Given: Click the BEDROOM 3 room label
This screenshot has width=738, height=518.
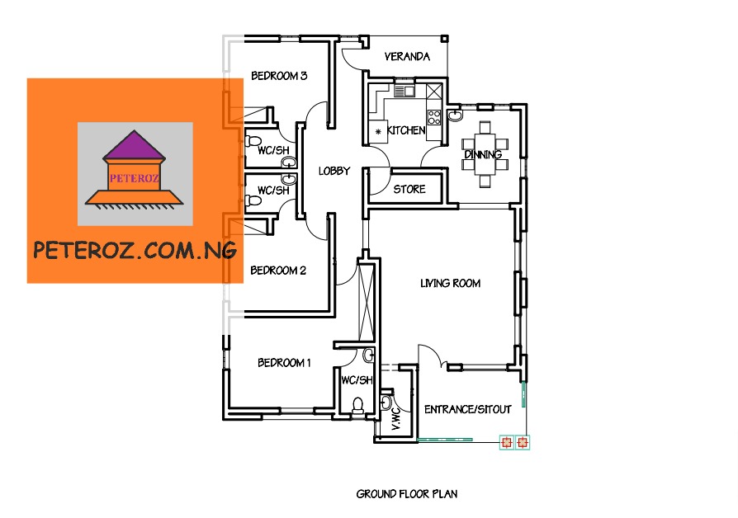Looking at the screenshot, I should [279, 76].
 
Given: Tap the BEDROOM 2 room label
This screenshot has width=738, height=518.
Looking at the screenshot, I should [279, 271].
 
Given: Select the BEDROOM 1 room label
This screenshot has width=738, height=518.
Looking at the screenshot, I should [284, 363].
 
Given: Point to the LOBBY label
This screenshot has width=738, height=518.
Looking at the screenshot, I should [334, 172].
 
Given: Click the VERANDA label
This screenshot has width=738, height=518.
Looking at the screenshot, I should [408, 57].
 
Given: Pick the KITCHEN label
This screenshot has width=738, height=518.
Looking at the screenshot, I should [406, 130].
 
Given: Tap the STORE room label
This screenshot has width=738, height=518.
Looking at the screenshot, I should [409, 190].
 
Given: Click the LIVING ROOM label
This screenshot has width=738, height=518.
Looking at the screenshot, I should [450, 284].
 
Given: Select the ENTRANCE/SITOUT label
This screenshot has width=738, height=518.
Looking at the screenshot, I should [467, 410].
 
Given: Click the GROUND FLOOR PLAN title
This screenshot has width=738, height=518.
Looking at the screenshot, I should [407, 494].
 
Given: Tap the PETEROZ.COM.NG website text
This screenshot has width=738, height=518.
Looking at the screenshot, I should [135, 251].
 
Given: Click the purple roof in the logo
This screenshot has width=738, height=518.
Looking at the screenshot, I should [135, 148].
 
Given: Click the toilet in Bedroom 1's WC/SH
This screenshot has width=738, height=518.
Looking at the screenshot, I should [358, 405].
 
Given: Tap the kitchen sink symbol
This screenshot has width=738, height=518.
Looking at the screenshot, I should [404, 91].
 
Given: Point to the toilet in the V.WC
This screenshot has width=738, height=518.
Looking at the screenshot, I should [387, 403].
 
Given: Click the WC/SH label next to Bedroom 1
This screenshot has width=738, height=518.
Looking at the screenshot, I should [357, 379].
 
